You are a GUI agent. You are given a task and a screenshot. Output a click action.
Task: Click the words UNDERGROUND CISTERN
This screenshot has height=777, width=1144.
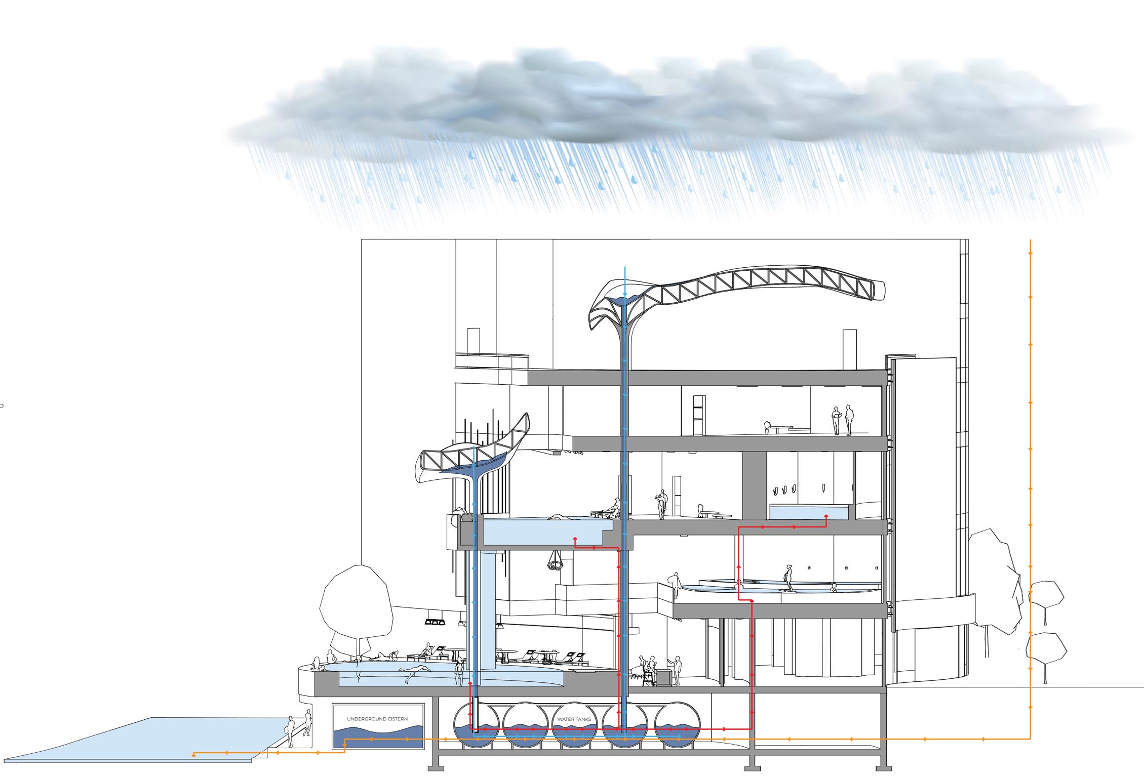tap(377, 719)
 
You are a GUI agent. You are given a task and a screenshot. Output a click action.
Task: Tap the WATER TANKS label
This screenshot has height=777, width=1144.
tap(574, 719)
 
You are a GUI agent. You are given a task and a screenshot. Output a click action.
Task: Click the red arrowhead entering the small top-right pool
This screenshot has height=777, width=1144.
tap(826, 518)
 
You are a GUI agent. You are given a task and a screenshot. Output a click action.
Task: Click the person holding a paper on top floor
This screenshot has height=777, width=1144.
tap(836, 420)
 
